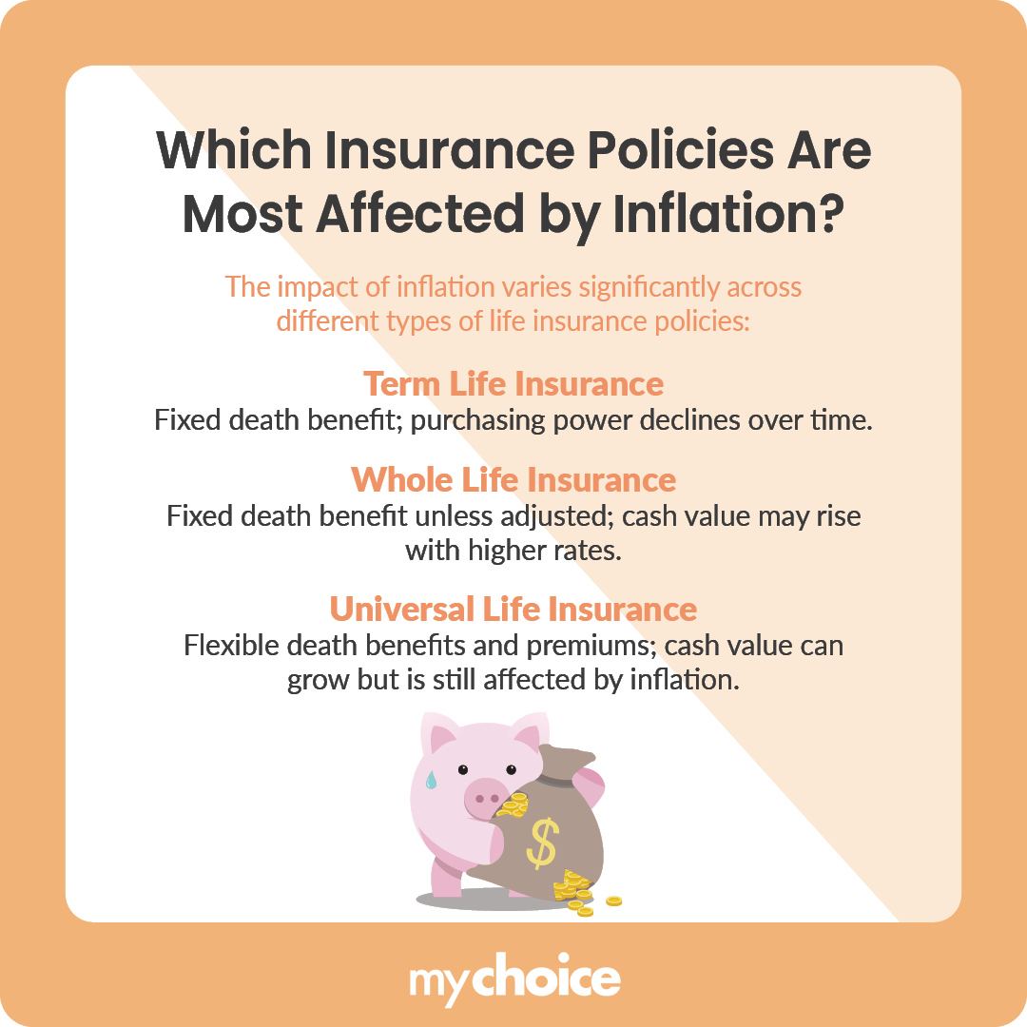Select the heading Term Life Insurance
pos(513,384)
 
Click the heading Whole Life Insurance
pos(513,479)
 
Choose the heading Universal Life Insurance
pos(513,608)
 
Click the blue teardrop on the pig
pos(431,780)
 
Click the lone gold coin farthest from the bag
pos(614,901)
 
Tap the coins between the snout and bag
pos(514,806)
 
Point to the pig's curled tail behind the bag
pos(591,789)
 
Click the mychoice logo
pos(513,979)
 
